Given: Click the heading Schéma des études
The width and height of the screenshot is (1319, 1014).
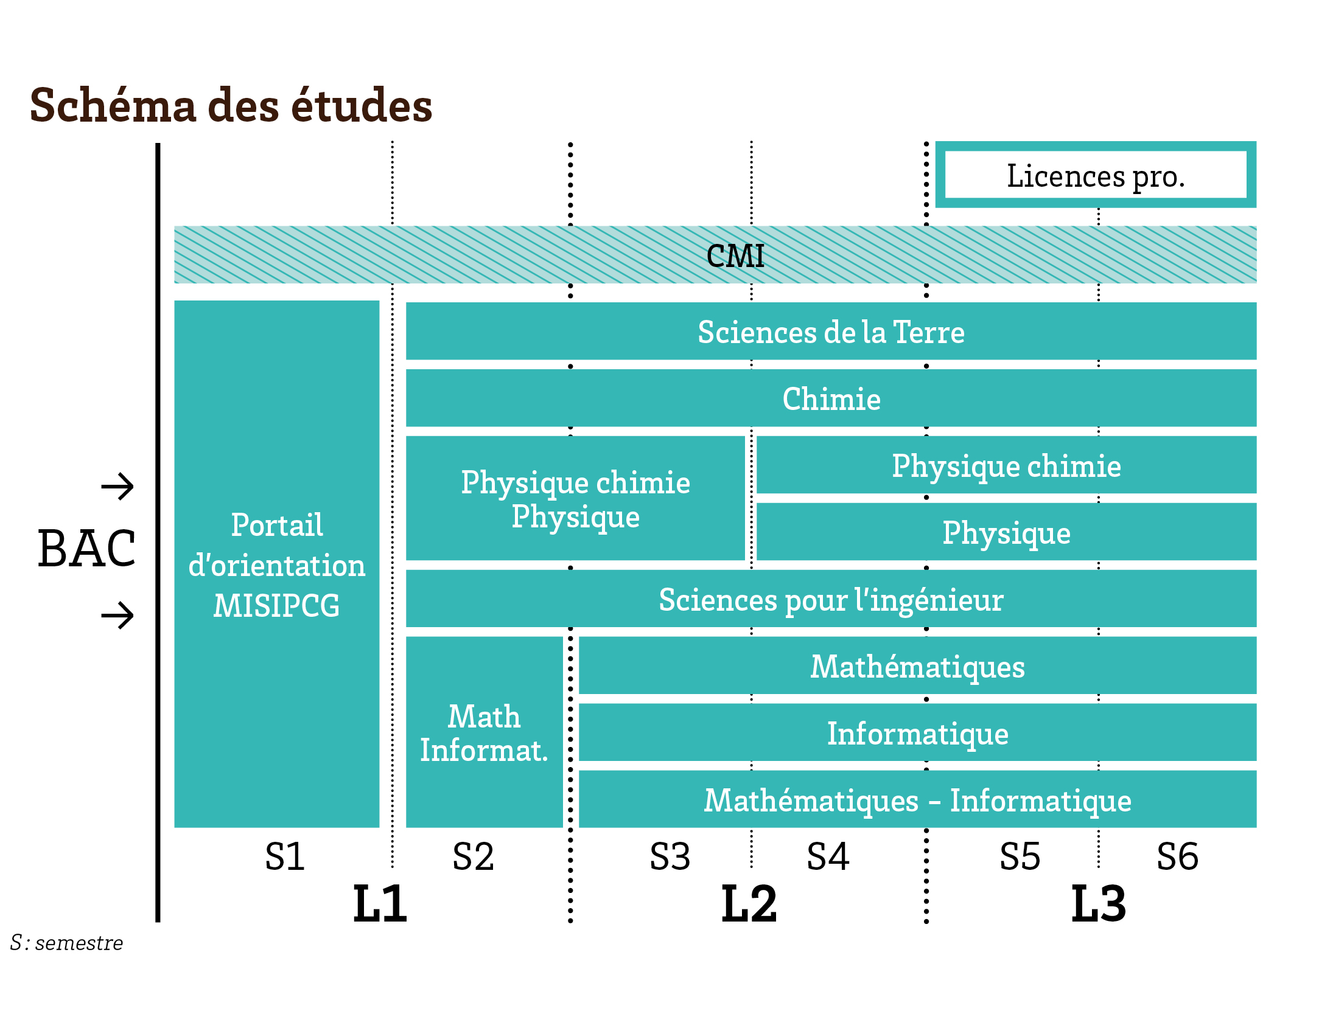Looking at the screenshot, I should click(x=231, y=105).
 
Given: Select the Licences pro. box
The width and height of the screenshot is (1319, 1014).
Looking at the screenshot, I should click(x=1095, y=175).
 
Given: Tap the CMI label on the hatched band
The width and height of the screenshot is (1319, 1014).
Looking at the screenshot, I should click(x=735, y=255).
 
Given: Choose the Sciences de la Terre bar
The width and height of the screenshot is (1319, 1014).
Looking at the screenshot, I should click(x=831, y=332).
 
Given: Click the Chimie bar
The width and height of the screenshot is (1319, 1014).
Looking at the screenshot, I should click(x=831, y=398).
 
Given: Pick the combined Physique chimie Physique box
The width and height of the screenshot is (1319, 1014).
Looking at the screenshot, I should click(x=575, y=499).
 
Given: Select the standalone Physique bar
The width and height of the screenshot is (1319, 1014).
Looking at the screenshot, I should click(x=1006, y=532).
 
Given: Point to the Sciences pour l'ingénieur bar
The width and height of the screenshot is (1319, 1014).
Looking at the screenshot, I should click(x=831, y=599).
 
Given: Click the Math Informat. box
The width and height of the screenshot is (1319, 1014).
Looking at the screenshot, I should click(x=484, y=732).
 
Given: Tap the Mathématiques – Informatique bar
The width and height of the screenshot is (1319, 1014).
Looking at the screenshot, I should click(x=917, y=800).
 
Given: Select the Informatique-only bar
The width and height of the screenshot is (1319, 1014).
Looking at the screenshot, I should click(x=917, y=733).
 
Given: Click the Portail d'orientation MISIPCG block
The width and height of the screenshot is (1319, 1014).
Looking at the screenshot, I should click(x=276, y=564).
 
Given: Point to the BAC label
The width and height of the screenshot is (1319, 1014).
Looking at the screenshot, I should click(x=86, y=549).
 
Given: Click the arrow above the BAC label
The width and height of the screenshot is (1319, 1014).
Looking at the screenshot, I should click(x=117, y=487).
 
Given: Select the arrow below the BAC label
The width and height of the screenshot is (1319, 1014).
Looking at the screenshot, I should click(x=117, y=615).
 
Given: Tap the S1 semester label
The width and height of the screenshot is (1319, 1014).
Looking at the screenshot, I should click(x=285, y=856).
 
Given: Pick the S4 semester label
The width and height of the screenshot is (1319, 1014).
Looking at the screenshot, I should click(x=827, y=856).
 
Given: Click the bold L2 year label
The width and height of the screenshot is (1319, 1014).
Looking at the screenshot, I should click(x=749, y=904).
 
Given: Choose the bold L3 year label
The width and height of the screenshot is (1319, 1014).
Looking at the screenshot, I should click(x=1098, y=904).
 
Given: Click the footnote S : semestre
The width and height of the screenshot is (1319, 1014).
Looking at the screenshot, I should click(x=67, y=943).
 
